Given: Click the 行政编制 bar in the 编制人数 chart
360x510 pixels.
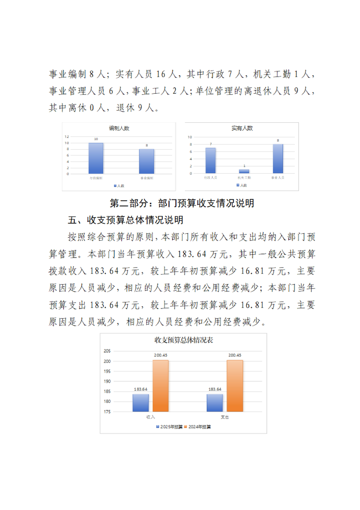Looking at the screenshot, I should click(x=96, y=158).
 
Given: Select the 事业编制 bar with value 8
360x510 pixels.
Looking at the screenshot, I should click(x=146, y=162).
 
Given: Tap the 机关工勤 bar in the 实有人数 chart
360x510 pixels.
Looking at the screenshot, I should click(x=244, y=171).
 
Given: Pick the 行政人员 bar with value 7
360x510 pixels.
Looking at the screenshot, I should click(x=210, y=161).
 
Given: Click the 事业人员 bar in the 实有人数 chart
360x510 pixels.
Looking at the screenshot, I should click(x=278, y=159).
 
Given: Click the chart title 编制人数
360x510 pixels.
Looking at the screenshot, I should click(x=119, y=129).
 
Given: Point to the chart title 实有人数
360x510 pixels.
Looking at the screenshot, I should click(x=242, y=129).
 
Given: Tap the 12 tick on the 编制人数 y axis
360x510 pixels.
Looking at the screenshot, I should click(x=66, y=136).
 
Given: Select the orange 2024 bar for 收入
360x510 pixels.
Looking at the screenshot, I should click(x=160, y=386).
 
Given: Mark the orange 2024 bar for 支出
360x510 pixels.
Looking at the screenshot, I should click(x=235, y=386).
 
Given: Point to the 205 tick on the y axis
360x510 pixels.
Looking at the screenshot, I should click(x=107, y=351).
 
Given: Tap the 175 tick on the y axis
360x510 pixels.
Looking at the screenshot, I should click(x=107, y=412).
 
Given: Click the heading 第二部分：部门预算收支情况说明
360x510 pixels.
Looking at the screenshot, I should click(x=182, y=203).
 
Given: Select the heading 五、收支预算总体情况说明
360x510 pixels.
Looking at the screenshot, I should click(x=125, y=220).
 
